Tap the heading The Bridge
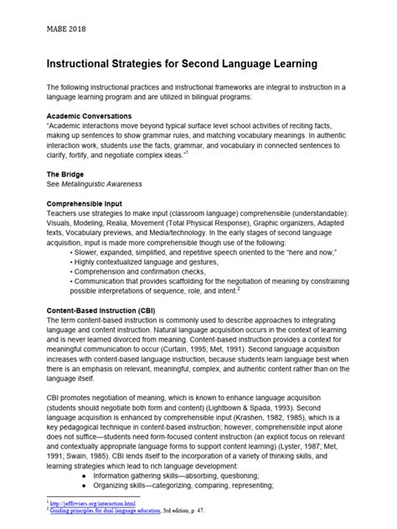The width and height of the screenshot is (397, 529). click(x=68, y=174)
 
